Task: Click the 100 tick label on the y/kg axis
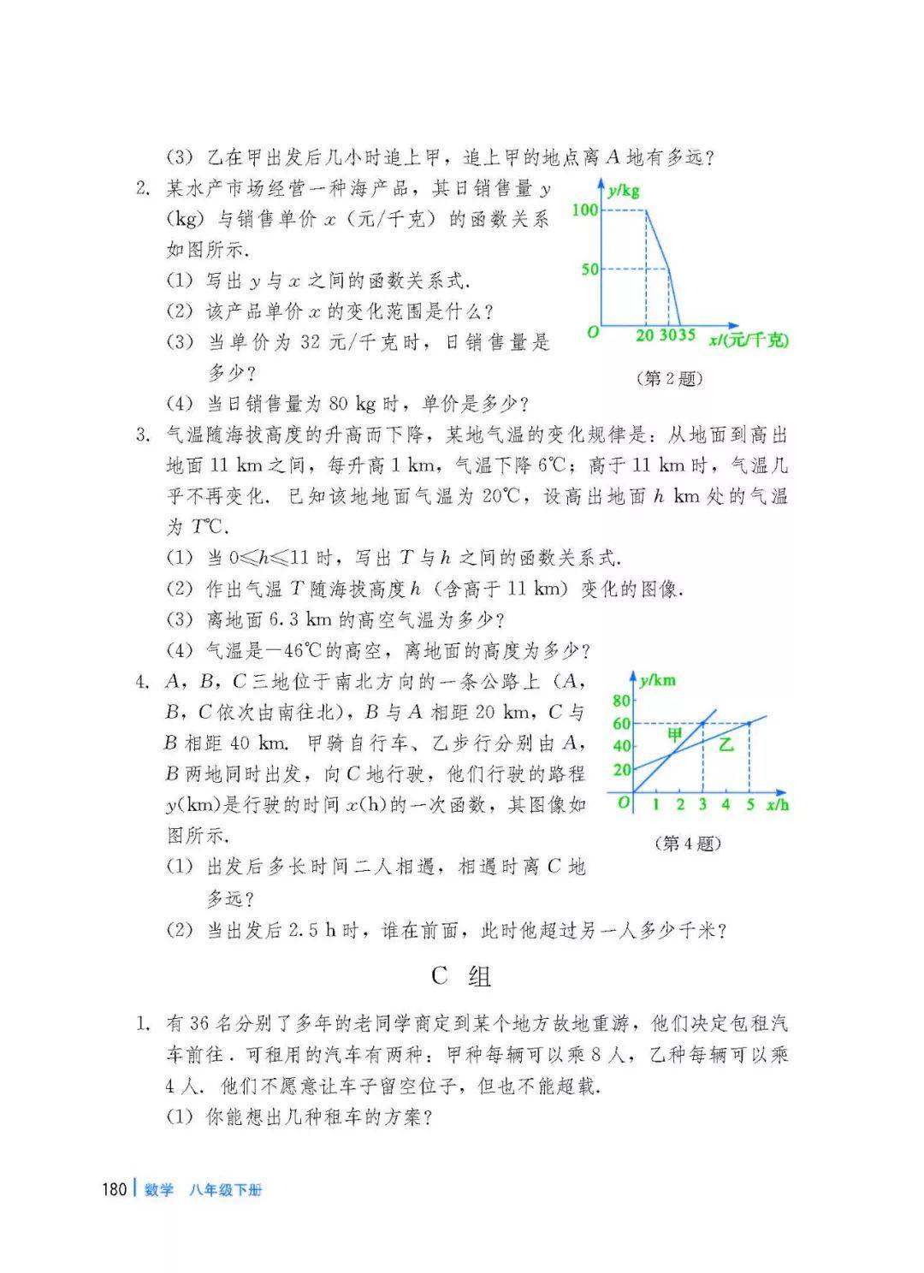(585, 210)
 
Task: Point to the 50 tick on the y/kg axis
(589, 269)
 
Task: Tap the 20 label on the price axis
(645, 335)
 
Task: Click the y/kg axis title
(624, 191)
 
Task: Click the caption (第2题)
(669, 378)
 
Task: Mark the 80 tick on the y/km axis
(621, 701)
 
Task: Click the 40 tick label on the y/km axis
(621, 747)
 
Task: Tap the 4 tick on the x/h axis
(726, 804)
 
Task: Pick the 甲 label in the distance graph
(675, 734)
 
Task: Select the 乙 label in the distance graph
(726, 744)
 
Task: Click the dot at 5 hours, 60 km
(749, 724)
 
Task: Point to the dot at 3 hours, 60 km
(703, 724)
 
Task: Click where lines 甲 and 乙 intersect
(672, 754)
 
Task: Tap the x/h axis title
(777, 805)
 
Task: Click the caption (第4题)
(687, 844)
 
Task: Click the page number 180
(115, 1189)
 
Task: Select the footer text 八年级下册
(227, 1190)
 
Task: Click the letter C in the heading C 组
(440, 976)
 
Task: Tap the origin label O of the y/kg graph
(592, 332)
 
